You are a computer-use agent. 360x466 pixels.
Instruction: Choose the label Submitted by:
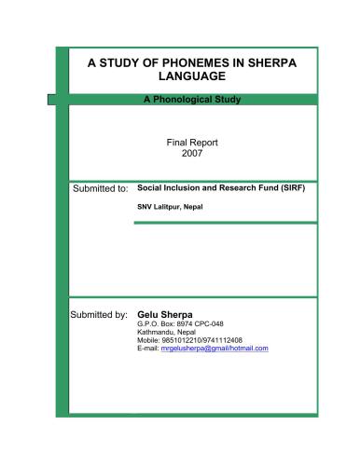click(99, 315)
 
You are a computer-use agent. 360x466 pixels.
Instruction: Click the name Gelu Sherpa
click(165, 314)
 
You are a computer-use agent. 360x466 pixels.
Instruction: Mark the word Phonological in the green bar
click(185, 99)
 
